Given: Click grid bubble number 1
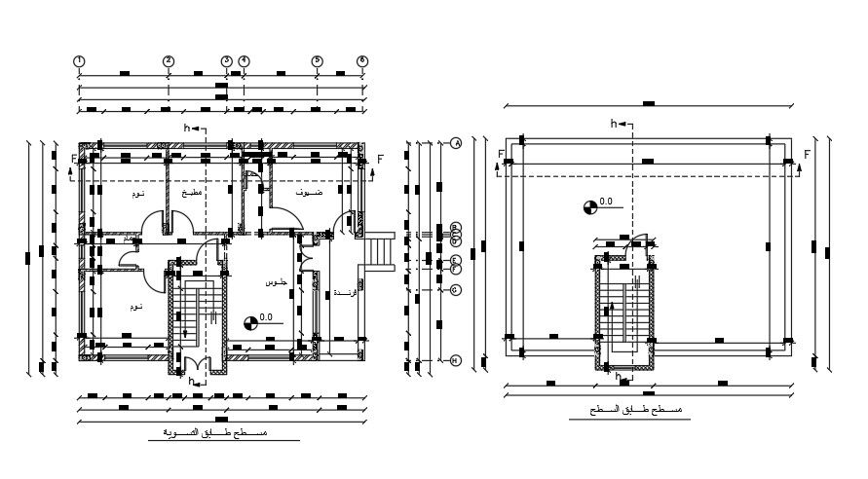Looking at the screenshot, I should [x=79, y=60].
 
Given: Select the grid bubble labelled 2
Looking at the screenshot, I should [x=169, y=60].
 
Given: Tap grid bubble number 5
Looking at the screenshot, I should [x=317, y=60].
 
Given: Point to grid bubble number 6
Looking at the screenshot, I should [x=362, y=60].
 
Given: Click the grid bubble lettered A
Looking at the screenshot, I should [x=455, y=143].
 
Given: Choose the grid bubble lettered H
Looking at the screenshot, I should [x=455, y=361].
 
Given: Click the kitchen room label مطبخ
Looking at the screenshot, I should [x=193, y=193].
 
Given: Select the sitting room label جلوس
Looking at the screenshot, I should [x=276, y=282].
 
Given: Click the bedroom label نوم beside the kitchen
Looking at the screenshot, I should [x=137, y=194].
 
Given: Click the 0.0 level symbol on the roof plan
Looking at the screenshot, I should [x=590, y=204].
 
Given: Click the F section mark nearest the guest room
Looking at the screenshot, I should [x=380, y=157].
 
